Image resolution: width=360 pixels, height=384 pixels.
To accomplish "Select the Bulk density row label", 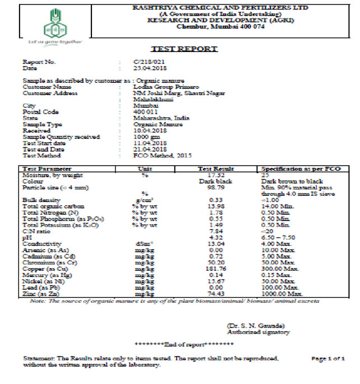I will point(39,200).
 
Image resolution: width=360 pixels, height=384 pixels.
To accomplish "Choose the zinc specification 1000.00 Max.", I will point(281,293).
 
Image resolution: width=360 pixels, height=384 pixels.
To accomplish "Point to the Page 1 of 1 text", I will point(327,358).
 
